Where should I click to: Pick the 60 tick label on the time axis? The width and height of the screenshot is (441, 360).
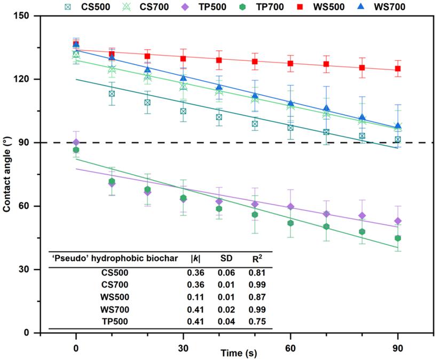click(290, 348)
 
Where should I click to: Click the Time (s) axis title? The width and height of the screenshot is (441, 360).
click(239, 353)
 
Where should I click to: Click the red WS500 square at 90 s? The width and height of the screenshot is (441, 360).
click(398, 69)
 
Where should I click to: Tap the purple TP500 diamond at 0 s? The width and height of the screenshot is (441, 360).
click(76, 143)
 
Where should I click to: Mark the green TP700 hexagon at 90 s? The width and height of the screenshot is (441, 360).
click(398, 238)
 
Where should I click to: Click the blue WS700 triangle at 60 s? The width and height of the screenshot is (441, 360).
click(290, 103)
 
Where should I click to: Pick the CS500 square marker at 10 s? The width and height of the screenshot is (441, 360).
click(112, 93)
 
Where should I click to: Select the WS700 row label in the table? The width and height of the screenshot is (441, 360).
click(115, 310)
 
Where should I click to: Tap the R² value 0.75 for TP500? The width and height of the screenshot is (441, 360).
click(257, 322)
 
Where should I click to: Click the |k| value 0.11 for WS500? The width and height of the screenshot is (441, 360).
click(195, 297)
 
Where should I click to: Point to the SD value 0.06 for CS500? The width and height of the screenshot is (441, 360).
click(226, 273)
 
